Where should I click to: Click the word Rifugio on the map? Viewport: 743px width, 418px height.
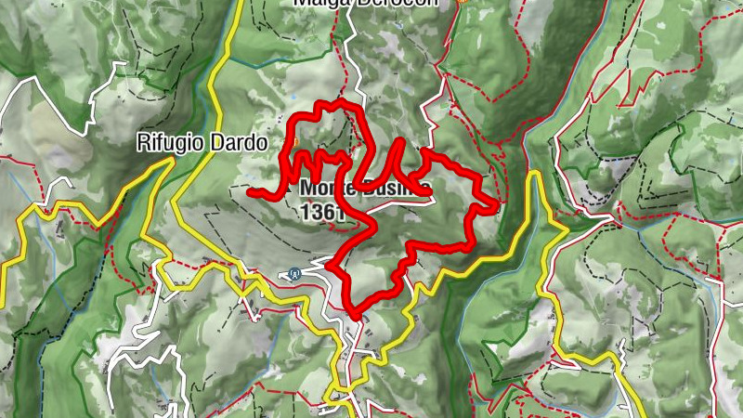167,143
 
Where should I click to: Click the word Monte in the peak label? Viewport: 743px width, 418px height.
324,189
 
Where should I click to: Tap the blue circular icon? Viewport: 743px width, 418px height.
293,273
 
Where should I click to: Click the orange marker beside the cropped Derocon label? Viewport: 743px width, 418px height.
462,2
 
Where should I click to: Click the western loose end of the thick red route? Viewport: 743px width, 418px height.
250,191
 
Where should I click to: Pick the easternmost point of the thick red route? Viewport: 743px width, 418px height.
498,203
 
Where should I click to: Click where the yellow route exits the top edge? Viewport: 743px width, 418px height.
239,3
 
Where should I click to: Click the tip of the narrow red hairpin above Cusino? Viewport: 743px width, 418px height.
400,142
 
